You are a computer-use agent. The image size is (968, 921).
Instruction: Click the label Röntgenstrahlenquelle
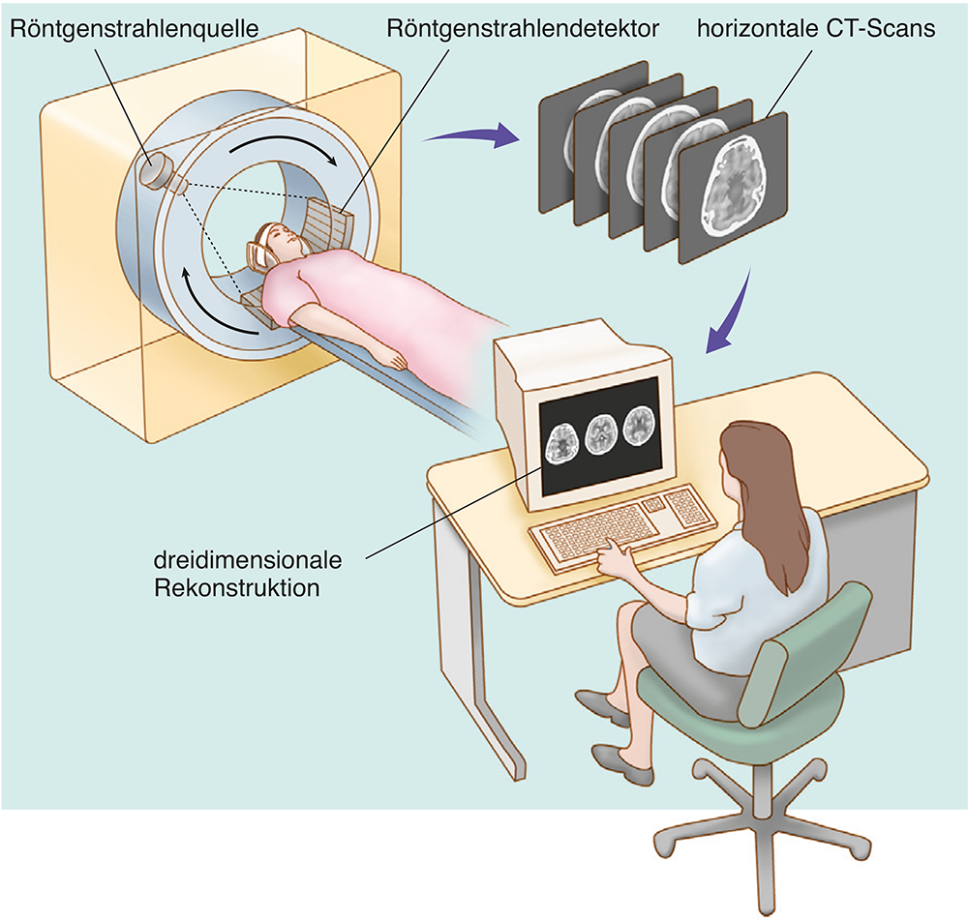[x=135, y=28]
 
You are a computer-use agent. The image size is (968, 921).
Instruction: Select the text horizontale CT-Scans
[x=816, y=28]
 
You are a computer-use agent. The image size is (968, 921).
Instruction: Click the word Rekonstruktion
[x=236, y=586]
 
